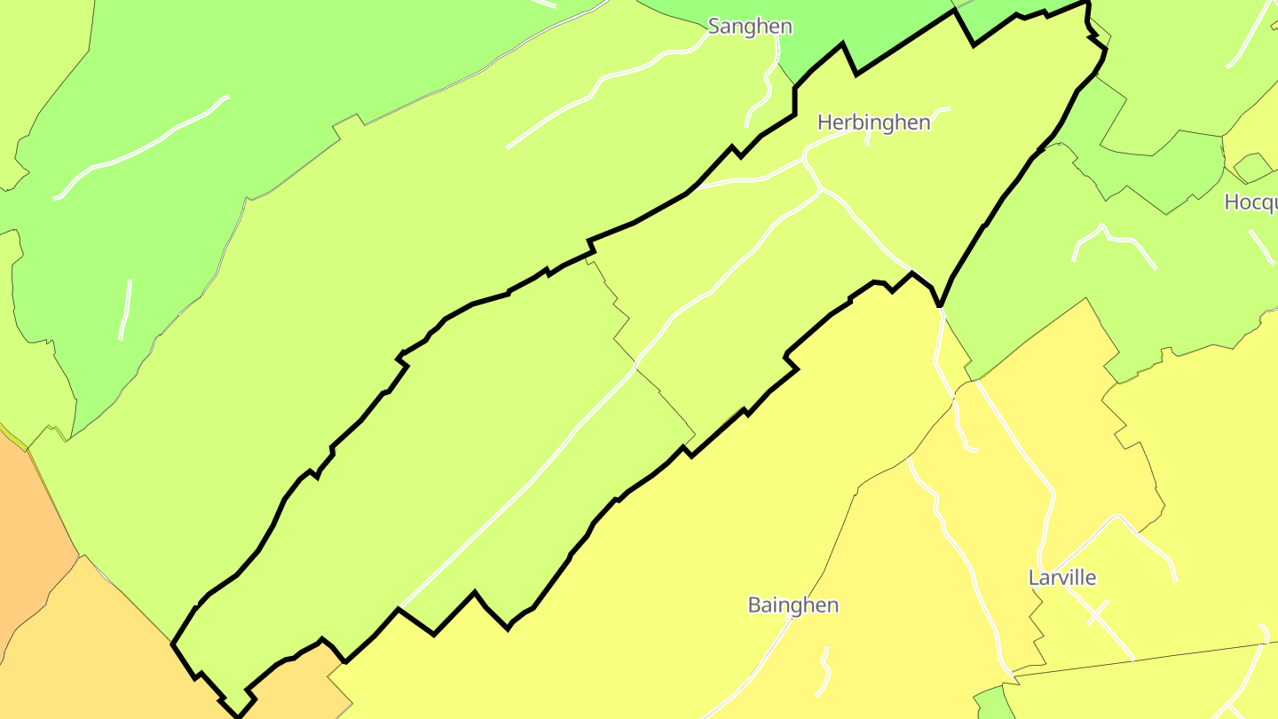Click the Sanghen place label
click(750, 27)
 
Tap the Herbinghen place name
click(873, 122)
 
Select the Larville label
click(1061, 578)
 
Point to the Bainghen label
click(793, 605)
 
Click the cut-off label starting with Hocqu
click(1250, 202)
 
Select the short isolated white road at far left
click(125, 310)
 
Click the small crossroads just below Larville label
click(1098, 612)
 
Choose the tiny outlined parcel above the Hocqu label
click(1252, 167)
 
